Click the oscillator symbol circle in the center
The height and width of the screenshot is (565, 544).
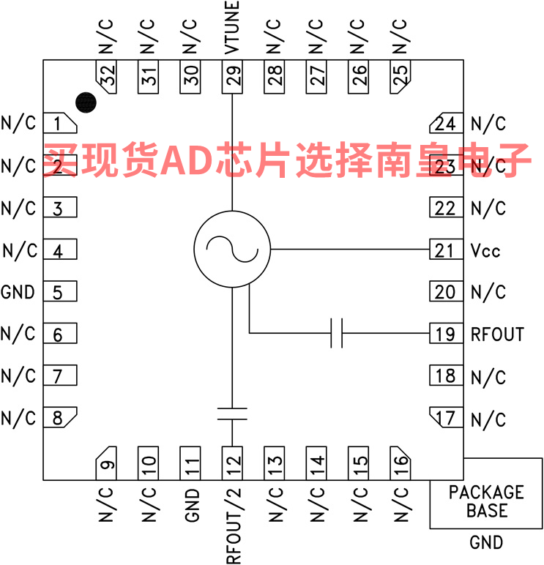point(232,250)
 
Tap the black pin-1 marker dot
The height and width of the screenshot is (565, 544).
point(86,102)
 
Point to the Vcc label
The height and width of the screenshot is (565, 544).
point(485,250)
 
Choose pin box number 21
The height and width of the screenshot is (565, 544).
point(445,250)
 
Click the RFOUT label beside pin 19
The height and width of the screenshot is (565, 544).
point(497,334)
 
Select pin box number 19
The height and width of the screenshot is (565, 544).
point(445,334)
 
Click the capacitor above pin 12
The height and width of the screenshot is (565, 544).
point(232,414)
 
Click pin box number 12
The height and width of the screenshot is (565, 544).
point(233,463)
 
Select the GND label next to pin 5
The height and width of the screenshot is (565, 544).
point(18,292)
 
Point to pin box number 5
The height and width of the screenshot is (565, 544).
point(60,292)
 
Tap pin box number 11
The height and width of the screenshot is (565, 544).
point(190,463)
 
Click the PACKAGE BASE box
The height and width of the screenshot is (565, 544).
point(485,501)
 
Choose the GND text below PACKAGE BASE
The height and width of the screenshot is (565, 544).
point(486,542)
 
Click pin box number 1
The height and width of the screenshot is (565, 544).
point(60,124)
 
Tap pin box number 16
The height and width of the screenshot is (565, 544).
point(400,463)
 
